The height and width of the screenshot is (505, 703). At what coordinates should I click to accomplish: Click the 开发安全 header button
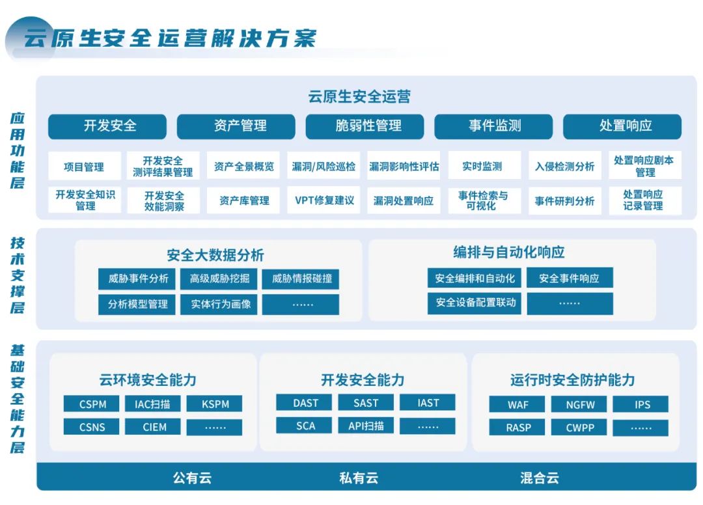[107, 126]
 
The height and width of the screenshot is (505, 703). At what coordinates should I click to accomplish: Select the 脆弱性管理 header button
[365, 126]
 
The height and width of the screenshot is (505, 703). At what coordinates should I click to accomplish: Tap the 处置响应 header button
[622, 126]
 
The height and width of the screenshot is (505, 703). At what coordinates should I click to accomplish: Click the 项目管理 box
[83, 167]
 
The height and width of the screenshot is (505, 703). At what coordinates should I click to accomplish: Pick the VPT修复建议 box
[324, 200]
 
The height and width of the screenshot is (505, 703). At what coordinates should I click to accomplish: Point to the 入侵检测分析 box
[564, 167]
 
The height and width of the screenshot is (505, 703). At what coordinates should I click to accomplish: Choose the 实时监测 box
[482, 167]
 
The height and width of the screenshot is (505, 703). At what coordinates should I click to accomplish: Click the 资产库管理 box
[243, 200]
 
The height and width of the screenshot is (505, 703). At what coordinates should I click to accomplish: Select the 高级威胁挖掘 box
[219, 279]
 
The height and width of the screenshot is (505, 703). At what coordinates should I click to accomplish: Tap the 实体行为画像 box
[219, 304]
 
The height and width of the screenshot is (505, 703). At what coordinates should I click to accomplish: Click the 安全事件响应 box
[570, 279]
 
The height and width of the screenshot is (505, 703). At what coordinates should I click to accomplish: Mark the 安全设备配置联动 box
[475, 303]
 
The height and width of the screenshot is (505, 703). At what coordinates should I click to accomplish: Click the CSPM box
[93, 404]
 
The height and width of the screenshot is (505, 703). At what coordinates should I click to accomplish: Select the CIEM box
[155, 428]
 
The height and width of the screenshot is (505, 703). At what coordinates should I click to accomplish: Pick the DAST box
[305, 403]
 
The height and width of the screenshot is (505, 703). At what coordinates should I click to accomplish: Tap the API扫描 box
[366, 426]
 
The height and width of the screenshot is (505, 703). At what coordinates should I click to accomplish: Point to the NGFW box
[579, 404]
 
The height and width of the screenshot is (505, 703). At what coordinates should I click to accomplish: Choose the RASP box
[518, 428]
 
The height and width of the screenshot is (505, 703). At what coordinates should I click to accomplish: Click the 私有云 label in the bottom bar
[358, 478]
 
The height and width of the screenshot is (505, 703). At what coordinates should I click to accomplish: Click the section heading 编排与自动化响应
[509, 252]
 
